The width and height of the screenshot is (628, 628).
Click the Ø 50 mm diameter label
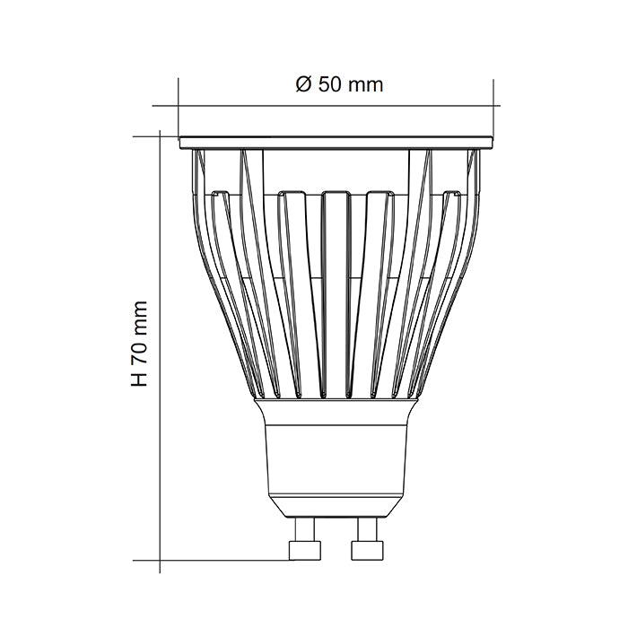339,85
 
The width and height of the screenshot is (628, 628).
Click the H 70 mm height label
139,345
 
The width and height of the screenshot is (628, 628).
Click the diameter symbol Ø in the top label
302,85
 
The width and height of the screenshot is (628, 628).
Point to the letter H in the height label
139,380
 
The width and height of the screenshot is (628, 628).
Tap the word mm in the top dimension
364,85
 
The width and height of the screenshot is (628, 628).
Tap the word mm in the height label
139,315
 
